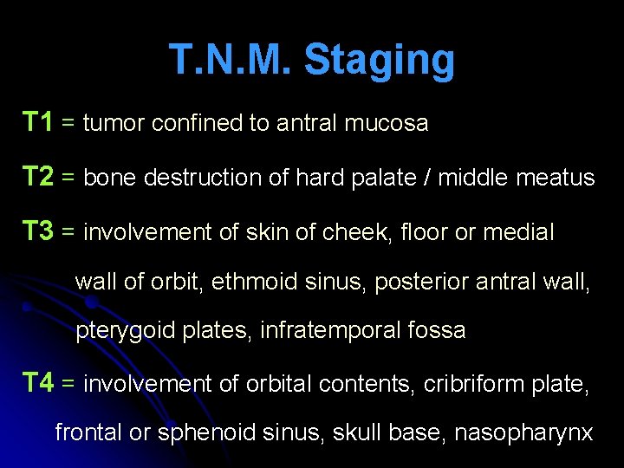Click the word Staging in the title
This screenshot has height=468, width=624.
tap(380, 61)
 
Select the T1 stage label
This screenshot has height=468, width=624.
tap(38, 122)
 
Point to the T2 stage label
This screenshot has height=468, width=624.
tap(38, 177)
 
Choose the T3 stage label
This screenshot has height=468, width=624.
tap(38, 231)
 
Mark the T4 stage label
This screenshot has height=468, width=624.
tap(38, 382)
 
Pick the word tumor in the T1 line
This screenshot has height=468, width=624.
tap(114, 124)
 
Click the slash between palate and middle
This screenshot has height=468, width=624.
tap(426, 179)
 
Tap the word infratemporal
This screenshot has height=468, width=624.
tap(313, 331)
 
